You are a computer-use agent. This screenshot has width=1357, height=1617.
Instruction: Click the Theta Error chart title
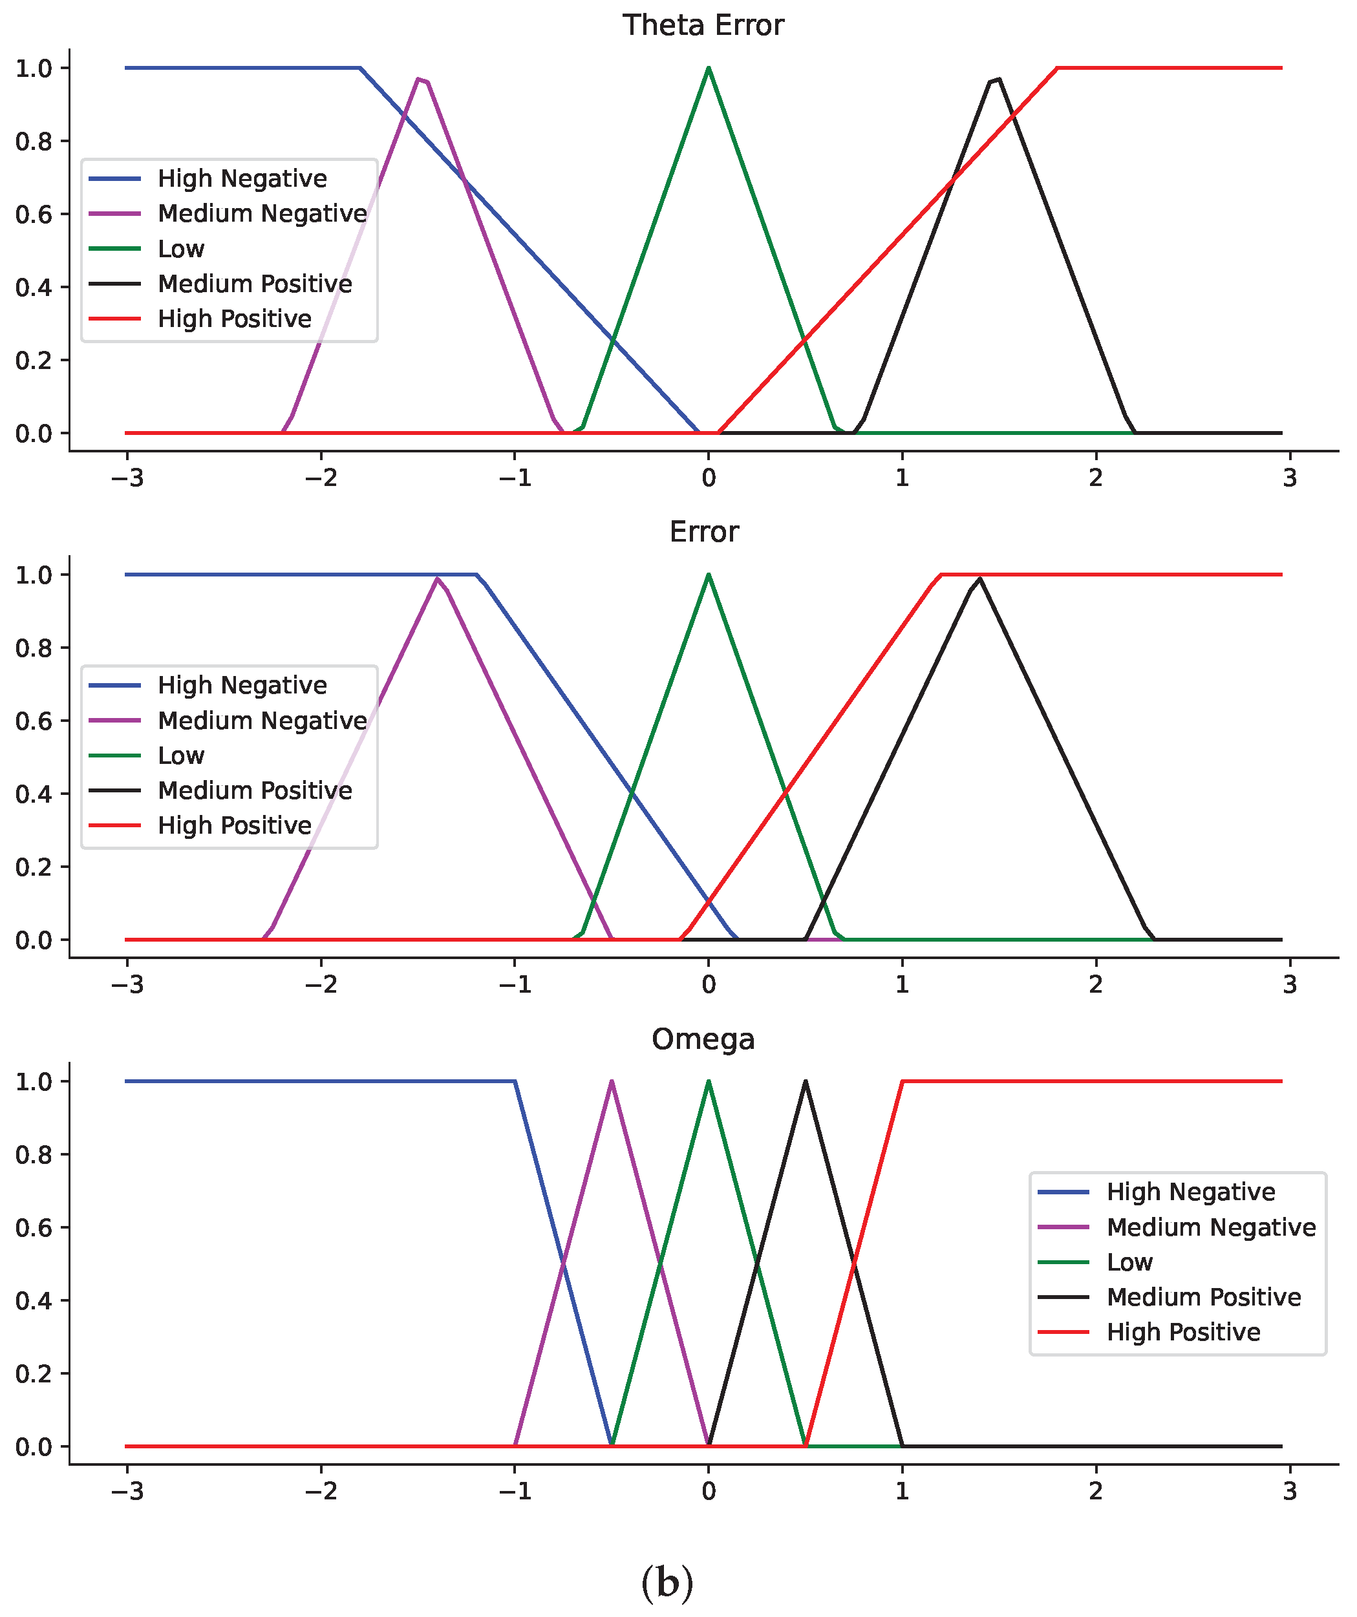[703, 25]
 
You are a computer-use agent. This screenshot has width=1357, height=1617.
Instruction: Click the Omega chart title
[703, 1039]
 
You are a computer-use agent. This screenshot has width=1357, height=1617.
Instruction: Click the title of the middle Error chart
[704, 532]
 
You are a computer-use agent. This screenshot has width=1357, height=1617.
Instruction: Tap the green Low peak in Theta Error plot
[709, 69]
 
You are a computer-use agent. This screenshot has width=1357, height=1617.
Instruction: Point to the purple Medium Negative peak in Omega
[612, 1082]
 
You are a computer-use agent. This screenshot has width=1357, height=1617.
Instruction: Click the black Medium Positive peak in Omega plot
[806, 1082]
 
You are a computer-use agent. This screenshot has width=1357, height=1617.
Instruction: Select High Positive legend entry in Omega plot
[1183, 1331]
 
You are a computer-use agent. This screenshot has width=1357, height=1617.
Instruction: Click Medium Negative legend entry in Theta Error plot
[262, 213]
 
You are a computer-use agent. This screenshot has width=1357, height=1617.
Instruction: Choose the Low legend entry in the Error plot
[181, 756]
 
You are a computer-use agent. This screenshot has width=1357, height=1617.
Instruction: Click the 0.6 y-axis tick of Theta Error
[34, 214]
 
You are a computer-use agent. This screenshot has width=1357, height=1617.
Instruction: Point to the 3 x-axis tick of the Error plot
[1290, 984]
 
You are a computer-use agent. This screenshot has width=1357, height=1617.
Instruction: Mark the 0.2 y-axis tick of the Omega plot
[34, 1374]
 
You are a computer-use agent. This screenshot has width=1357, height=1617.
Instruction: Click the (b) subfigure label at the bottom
[667, 1584]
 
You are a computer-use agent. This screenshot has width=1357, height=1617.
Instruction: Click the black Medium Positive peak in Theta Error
[995, 79]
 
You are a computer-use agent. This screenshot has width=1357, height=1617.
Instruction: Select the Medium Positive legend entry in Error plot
[255, 790]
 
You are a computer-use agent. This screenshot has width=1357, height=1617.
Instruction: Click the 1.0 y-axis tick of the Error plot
[34, 575]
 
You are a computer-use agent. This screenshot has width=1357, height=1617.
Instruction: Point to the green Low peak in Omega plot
[709, 1082]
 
